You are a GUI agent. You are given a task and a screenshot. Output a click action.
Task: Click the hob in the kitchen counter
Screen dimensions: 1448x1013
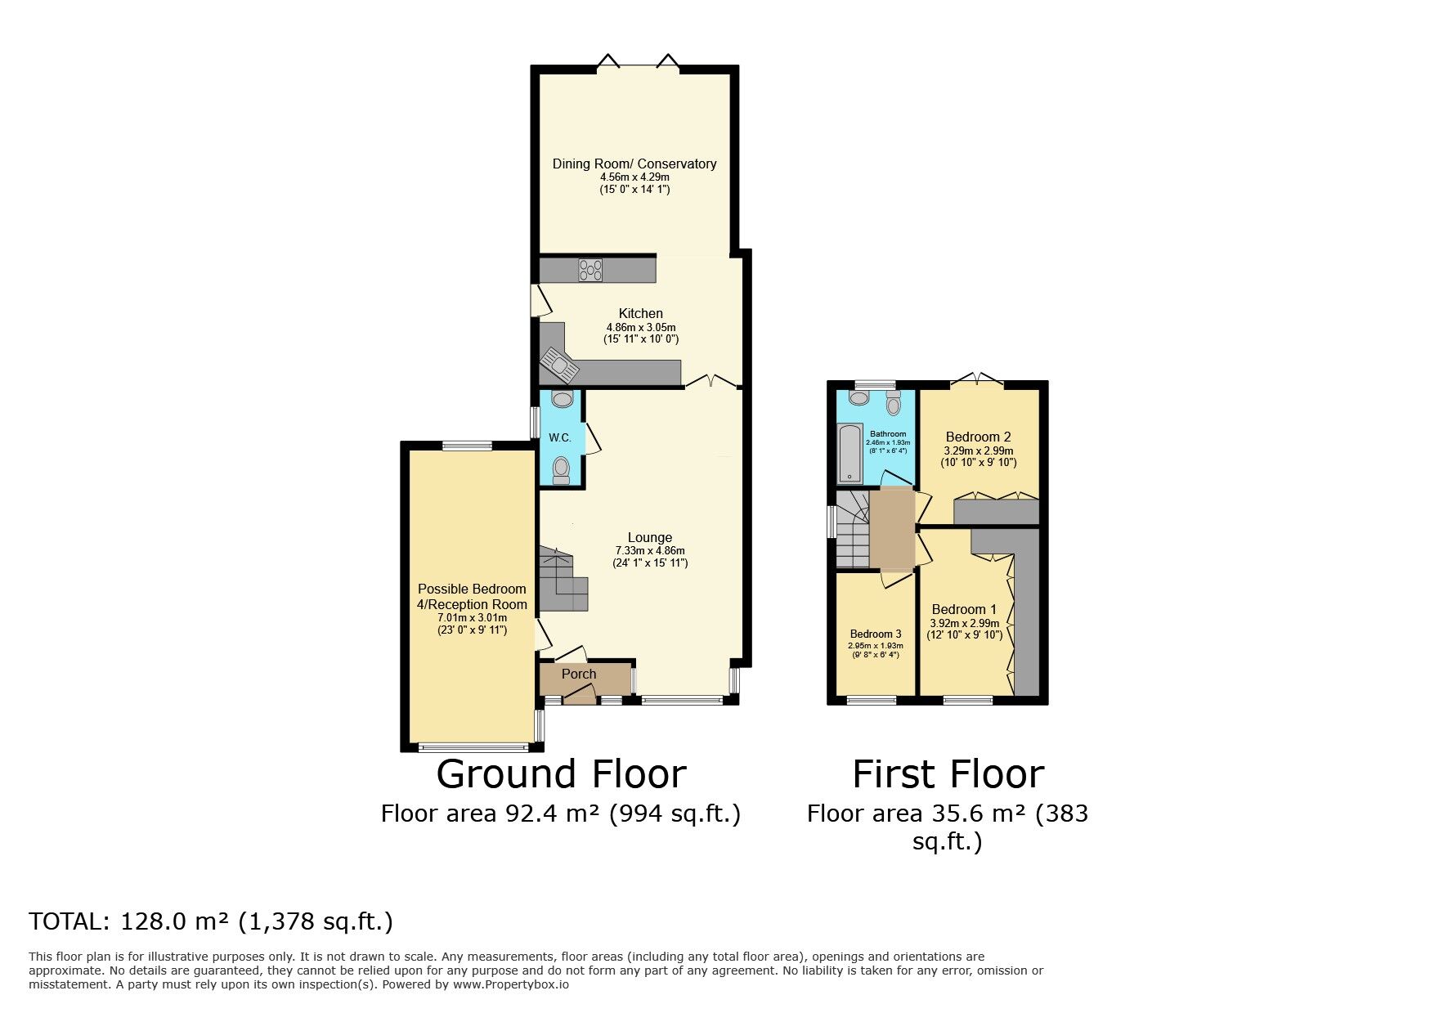tap(590, 270)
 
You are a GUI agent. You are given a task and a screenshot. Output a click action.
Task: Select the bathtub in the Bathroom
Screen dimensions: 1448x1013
tap(850, 453)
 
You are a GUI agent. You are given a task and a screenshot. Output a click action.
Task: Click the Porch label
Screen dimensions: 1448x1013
tap(579, 675)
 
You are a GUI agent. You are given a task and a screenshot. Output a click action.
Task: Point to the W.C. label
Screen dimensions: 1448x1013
tap(560, 438)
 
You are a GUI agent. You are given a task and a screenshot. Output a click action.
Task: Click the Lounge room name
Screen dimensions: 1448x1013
tap(650, 537)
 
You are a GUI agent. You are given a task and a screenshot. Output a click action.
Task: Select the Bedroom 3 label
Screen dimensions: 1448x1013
tap(876, 634)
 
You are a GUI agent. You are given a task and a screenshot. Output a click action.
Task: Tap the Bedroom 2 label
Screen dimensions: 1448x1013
tap(979, 437)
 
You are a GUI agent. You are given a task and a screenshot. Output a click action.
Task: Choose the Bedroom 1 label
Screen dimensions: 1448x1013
tap(965, 609)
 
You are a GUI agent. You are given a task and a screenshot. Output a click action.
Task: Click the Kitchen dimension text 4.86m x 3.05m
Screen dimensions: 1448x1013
tap(641, 327)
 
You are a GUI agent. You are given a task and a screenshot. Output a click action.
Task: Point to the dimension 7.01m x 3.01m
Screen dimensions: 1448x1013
tap(473, 618)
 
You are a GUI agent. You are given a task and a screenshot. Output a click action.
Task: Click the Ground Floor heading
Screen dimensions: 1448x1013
tap(561, 774)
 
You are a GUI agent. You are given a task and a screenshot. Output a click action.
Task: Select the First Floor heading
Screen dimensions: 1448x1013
tap(948, 774)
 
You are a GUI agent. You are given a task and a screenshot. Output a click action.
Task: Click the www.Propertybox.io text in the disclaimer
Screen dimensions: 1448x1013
tap(511, 984)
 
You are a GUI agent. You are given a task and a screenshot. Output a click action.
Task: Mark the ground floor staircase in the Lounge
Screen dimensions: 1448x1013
tap(563, 580)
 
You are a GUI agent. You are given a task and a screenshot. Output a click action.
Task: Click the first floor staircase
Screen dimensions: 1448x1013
tap(853, 529)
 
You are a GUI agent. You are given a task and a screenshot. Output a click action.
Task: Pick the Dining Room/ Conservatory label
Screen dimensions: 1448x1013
tap(634, 164)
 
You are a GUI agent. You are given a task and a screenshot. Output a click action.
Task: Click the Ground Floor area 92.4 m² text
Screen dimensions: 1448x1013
tap(561, 814)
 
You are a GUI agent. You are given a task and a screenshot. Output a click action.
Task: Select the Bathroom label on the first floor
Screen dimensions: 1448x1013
tap(888, 434)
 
